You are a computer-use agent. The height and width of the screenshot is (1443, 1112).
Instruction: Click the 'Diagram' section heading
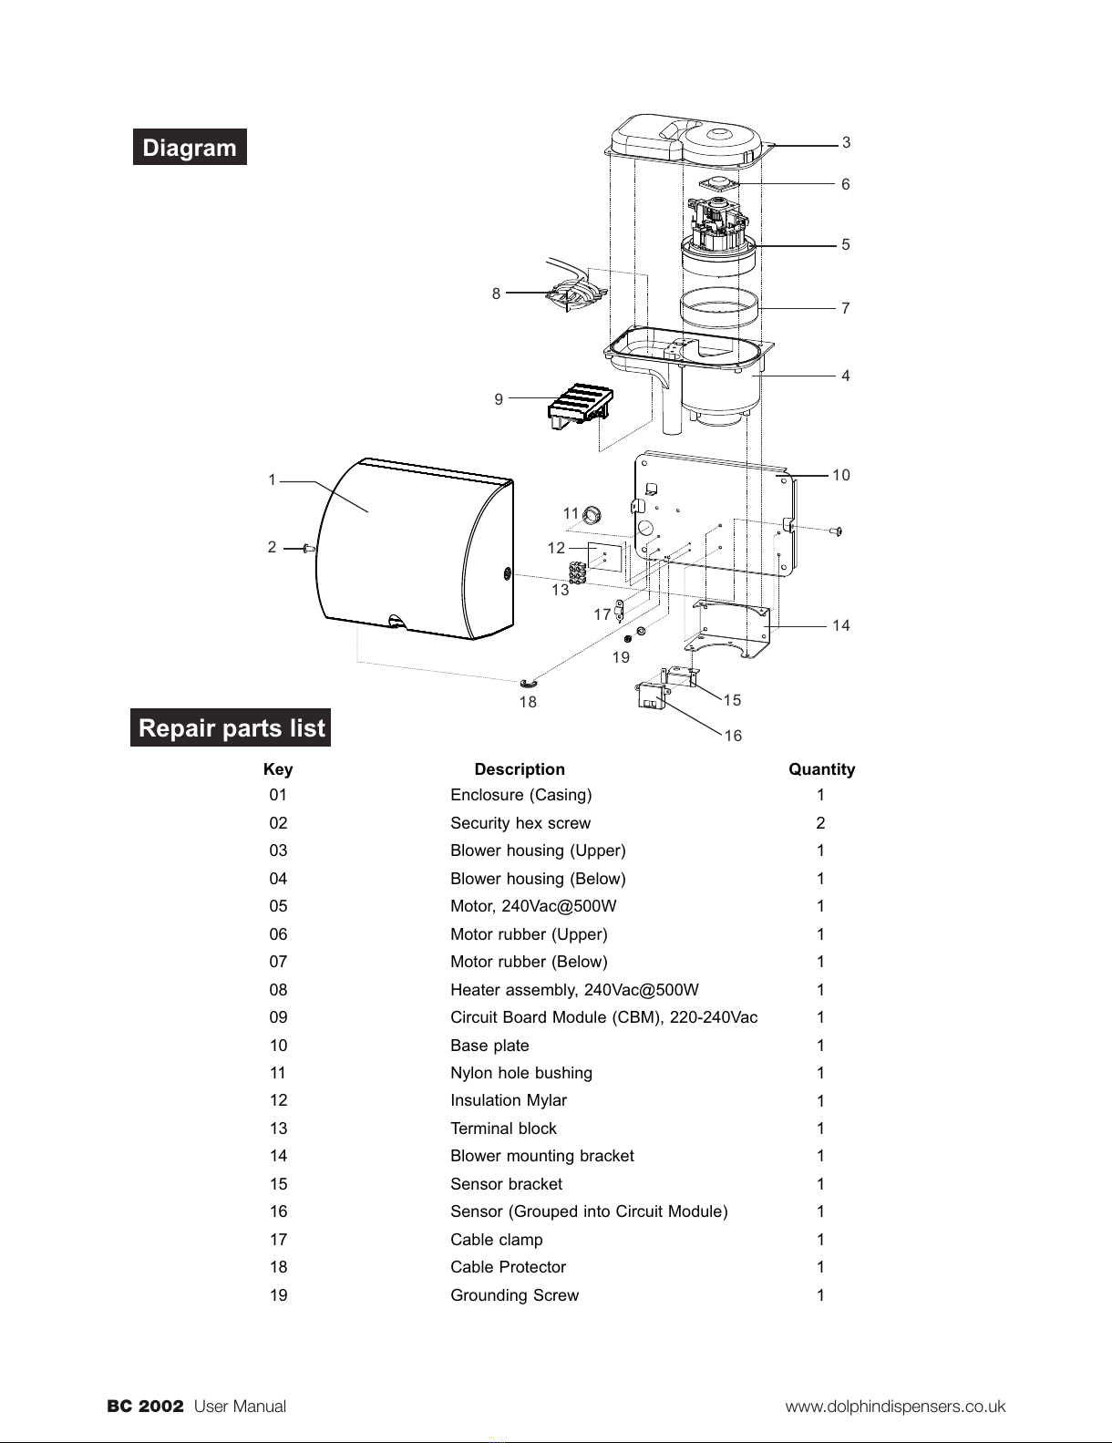pyautogui.click(x=190, y=147)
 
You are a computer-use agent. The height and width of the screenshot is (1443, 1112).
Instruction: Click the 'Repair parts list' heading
pyautogui.click(x=231, y=727)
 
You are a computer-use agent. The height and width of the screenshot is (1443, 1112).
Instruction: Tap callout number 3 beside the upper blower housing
pyautogui.click(x=847, y=142)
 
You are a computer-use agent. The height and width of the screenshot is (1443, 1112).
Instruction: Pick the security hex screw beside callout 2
pyautogui.click(x=309, y=549)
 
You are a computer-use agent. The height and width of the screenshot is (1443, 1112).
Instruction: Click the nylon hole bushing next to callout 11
pyautogui.click(x=592, y=514)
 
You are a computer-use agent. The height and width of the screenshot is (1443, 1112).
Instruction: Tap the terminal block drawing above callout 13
pyautogui.click(x=578, y=572)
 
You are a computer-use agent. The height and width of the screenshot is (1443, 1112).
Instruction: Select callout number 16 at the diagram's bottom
pyautogui.click(x=733, y=736)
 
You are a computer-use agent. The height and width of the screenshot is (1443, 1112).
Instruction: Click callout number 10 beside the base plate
pyautogui.click(x=841, y=475)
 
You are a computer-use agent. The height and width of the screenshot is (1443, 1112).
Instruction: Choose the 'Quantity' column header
pyautogui.click(x=821, y=769)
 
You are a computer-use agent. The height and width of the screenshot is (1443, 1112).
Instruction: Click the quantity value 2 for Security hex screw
pyautogui.click(x=820, y=823)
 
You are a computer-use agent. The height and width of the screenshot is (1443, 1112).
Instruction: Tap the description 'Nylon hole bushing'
pyautogui.click(x=521, y=1073)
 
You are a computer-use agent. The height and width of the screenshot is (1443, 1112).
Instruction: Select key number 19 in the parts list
pyautogui.click(x=278, y=1295)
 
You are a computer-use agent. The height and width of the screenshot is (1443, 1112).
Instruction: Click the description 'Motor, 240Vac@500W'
pyautogui.click(x=533, y=906)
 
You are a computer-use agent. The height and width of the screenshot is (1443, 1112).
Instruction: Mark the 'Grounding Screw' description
pyautogui.click(x=514, y=1295)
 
